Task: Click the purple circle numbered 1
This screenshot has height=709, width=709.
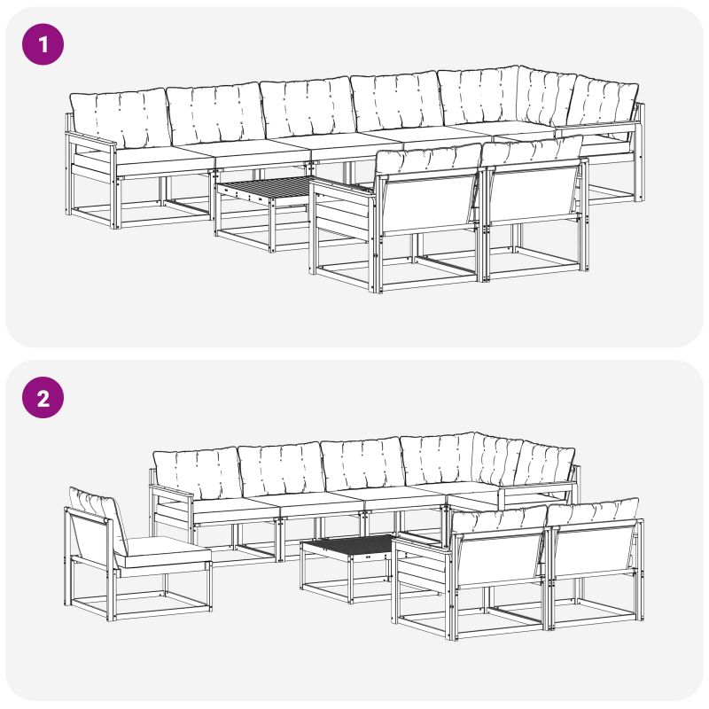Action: click(x=43, y=44)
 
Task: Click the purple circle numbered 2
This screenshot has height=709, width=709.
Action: click(x=43, y=397)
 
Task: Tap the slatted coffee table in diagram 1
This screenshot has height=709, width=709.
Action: click(x=266, y=213)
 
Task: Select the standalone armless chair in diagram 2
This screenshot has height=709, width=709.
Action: click(x=136, y=557)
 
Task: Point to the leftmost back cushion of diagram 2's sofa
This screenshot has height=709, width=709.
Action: click(x=197, y=472)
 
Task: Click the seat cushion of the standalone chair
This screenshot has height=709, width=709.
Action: click(x=163, y=551)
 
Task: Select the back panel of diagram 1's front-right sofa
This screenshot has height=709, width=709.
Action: click(x=534, y=194)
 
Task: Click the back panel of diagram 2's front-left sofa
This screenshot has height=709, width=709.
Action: click(x=500, y=558)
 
